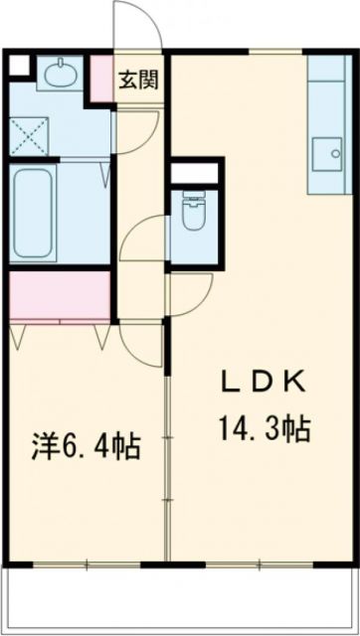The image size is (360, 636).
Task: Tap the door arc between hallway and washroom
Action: tap(135, 124)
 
